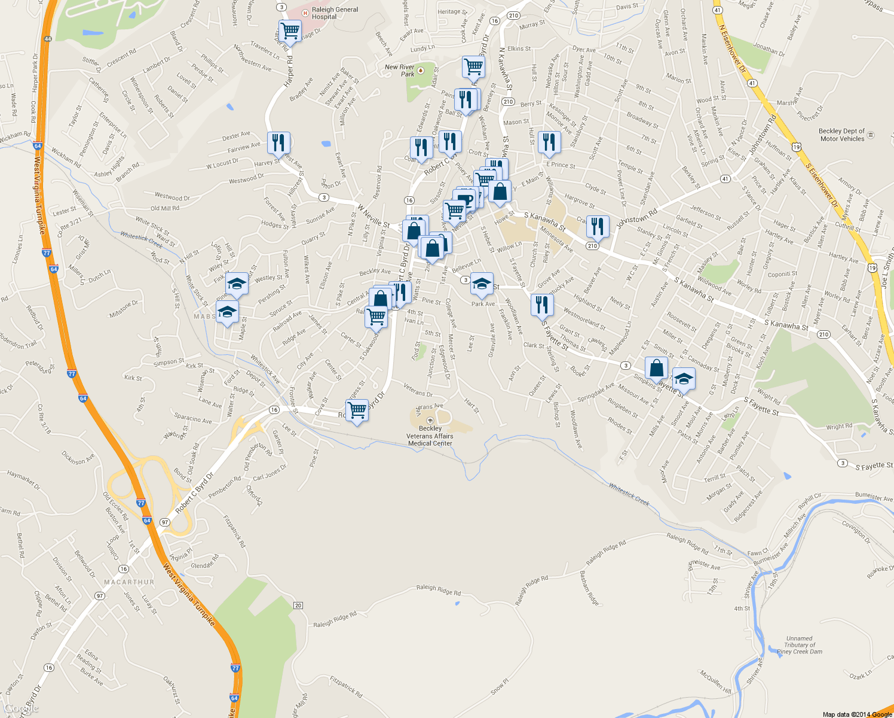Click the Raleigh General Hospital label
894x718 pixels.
(x=335, y=13)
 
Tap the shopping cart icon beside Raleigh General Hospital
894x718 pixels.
(x=290, y=31)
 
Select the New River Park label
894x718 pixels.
(x=400, y=71)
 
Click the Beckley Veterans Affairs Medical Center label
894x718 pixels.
(x=430, y=436)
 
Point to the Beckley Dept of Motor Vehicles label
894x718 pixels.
(x=841, y=135)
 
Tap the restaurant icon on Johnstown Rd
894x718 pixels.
(x=598, y=226)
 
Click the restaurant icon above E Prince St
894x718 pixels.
(x=549, y=142)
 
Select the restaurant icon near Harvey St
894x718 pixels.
(x=278, y=143)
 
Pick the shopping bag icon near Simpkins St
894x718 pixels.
(x=656, y=368)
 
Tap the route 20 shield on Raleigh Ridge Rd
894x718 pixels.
(x=298, y=606)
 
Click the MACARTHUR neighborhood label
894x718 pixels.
(x=129, y=582)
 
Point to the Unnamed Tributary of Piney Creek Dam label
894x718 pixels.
(x=800, y=645)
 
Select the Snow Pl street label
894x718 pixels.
(x=500, y=686)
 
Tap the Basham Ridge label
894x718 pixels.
(x=589, y=588)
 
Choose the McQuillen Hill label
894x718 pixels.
(x=715, y=681)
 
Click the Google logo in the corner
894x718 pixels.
(x=22, y=708)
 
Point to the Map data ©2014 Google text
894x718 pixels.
(x=857, y=714)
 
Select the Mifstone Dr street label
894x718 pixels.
(x=124, y=308)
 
